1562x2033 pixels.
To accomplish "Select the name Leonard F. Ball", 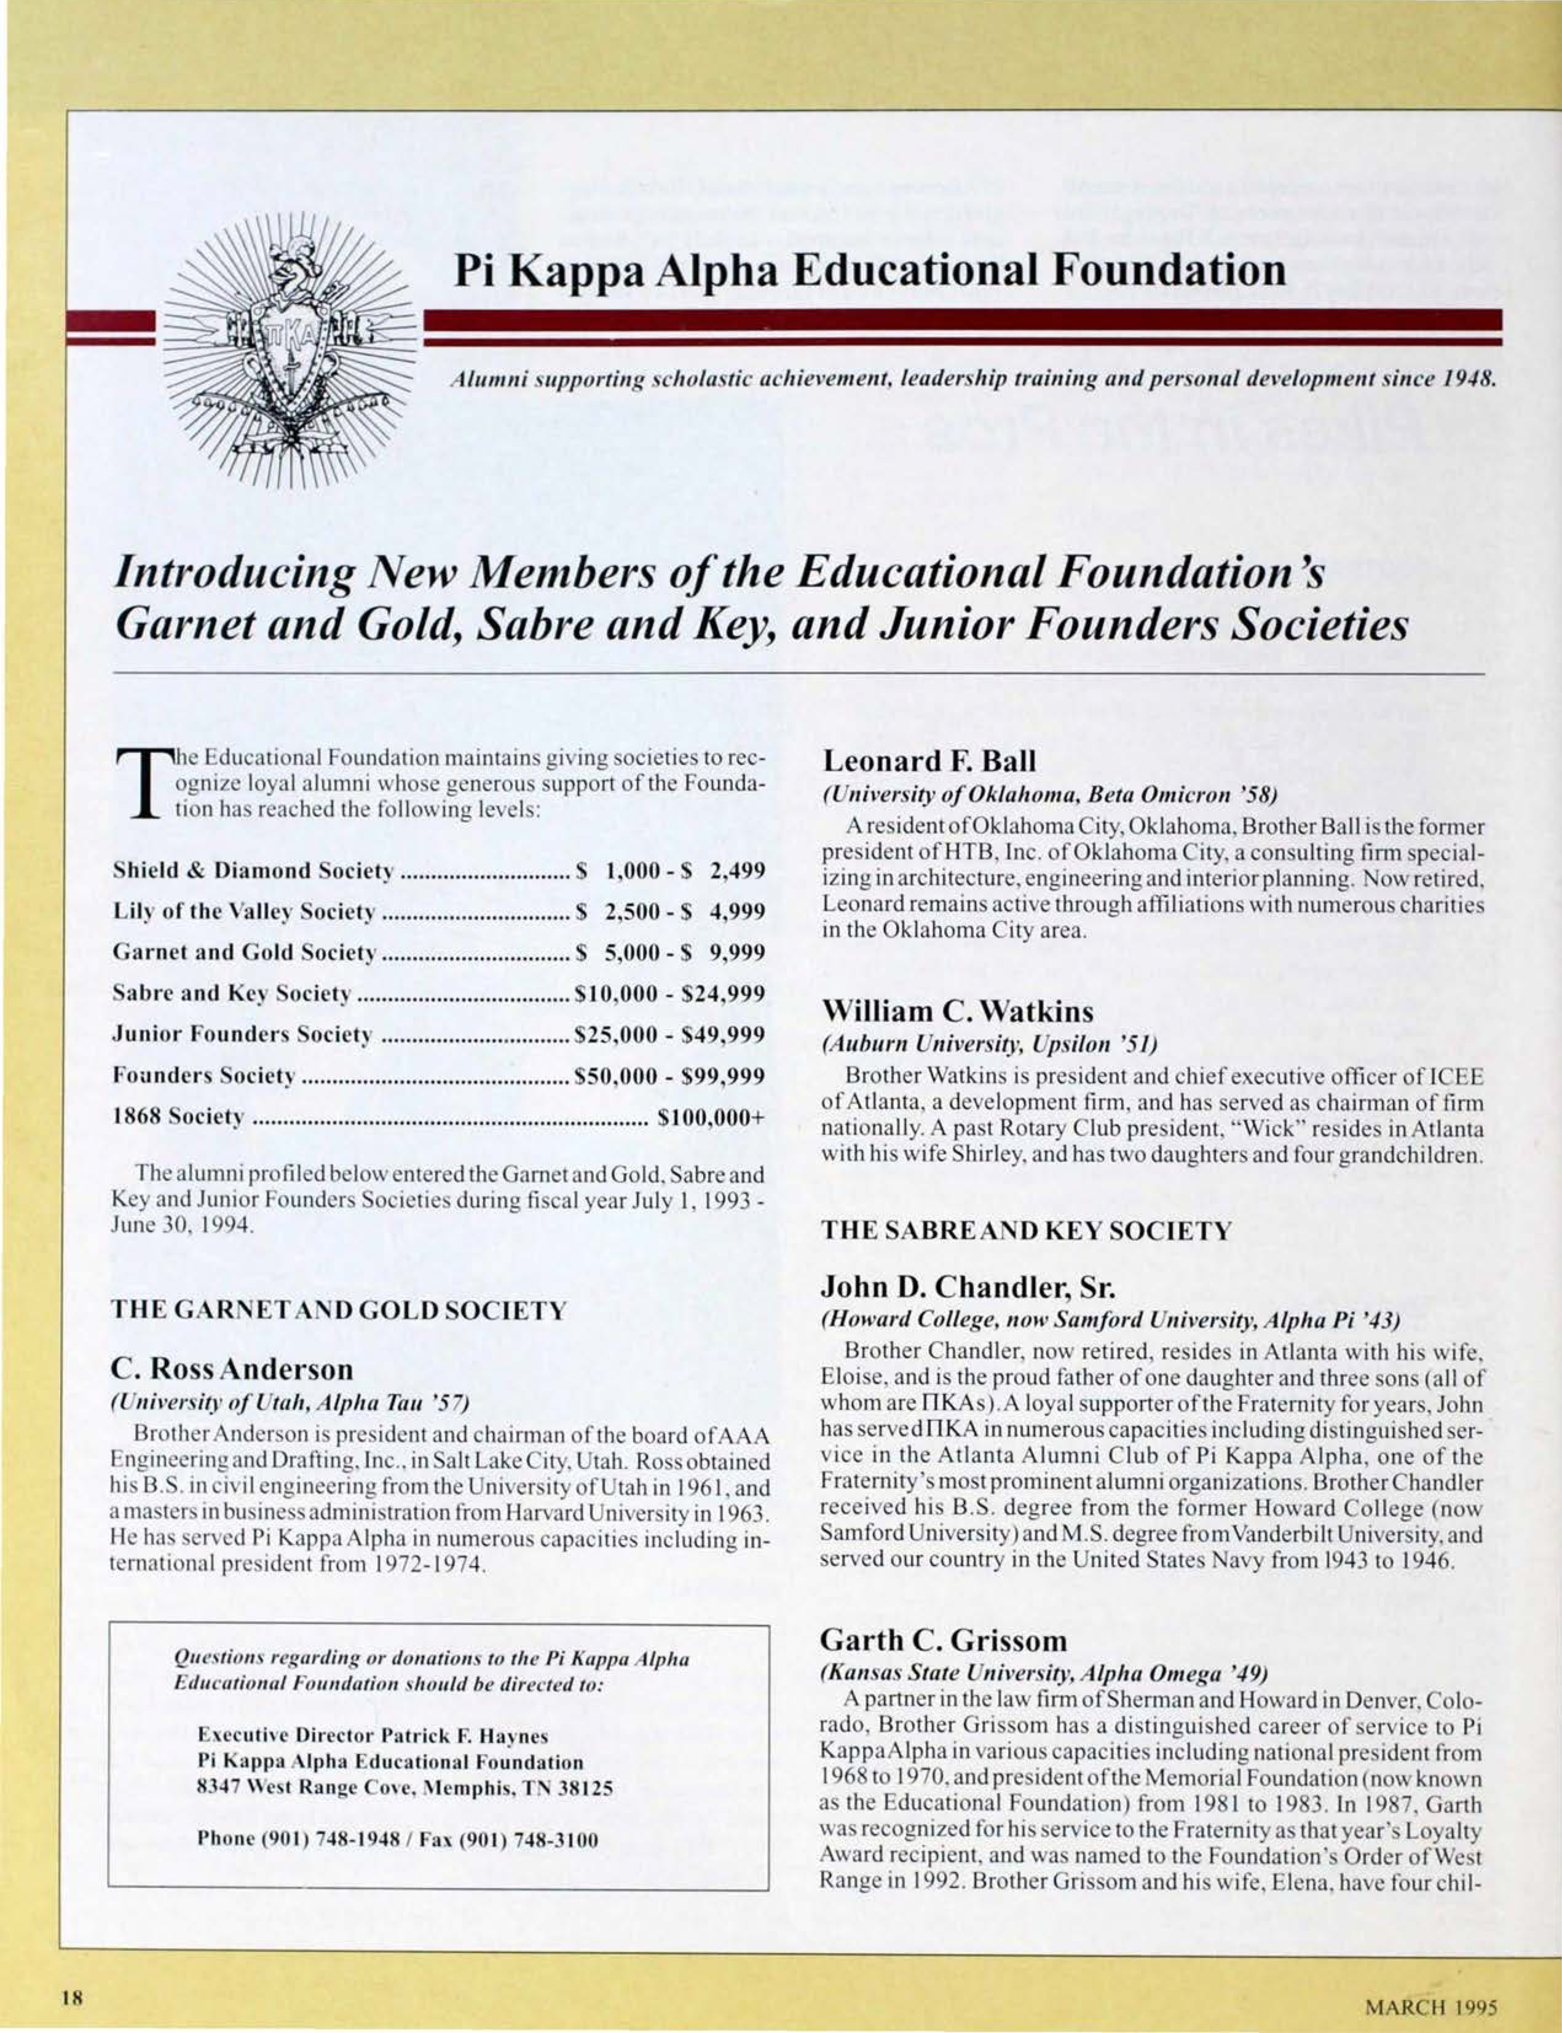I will [x=929, y=761].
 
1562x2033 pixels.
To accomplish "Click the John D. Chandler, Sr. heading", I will [x=980, y=1288].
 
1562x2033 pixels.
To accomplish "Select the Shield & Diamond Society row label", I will [x=253, y=871].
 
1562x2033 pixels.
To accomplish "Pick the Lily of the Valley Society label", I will [x=243, y=912].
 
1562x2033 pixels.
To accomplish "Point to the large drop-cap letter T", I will [x=140, y=787].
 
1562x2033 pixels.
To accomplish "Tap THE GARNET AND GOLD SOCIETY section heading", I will [x=339, y=1311].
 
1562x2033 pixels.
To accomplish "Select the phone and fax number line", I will [x=397, y=1839].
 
